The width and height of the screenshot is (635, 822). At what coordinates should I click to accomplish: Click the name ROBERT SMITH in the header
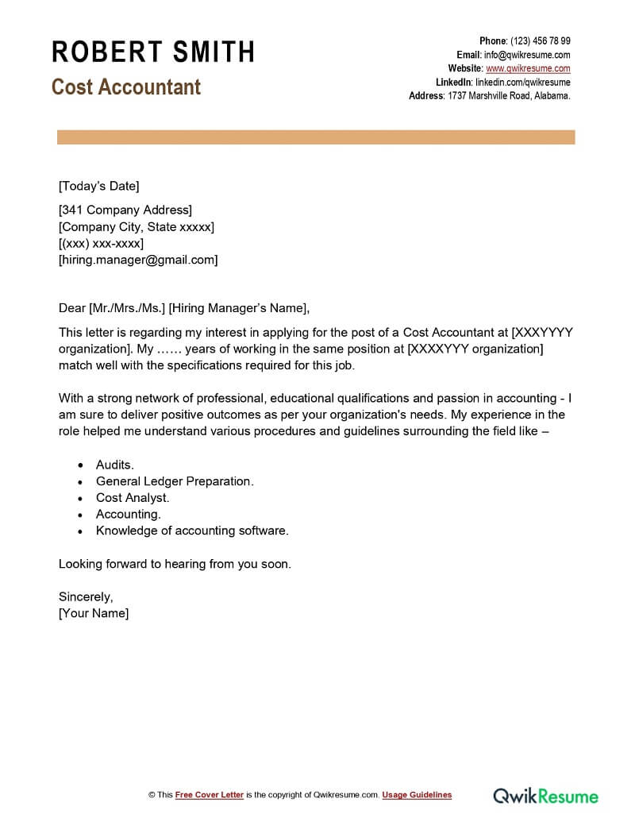153,52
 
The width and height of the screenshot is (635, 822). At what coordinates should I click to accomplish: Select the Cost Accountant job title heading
126,87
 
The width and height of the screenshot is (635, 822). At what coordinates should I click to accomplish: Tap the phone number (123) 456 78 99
540,41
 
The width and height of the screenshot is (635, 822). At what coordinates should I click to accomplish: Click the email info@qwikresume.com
527,55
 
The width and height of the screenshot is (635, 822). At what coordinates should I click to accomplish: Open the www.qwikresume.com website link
528,68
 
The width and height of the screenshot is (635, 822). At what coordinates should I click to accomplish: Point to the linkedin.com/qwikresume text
522,82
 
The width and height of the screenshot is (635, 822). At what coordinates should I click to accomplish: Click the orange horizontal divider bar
316,137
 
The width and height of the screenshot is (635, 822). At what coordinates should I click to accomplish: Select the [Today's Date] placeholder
98,186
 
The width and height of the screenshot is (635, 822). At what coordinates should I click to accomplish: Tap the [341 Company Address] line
125,210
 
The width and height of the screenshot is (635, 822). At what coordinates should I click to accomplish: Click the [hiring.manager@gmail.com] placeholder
138,260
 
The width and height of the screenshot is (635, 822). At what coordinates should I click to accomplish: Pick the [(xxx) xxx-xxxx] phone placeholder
101,243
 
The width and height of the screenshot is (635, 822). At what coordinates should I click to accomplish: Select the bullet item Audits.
115,465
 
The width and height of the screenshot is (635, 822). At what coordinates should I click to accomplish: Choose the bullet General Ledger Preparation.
175,481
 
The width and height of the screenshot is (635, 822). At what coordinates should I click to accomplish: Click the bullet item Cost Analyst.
133,498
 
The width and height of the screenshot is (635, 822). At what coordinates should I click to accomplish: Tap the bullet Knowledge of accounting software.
192,531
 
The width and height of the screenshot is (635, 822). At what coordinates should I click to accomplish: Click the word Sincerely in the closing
86,596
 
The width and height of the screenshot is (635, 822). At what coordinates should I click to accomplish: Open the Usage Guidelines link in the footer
417,795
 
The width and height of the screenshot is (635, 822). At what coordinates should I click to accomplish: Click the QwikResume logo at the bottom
546,795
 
